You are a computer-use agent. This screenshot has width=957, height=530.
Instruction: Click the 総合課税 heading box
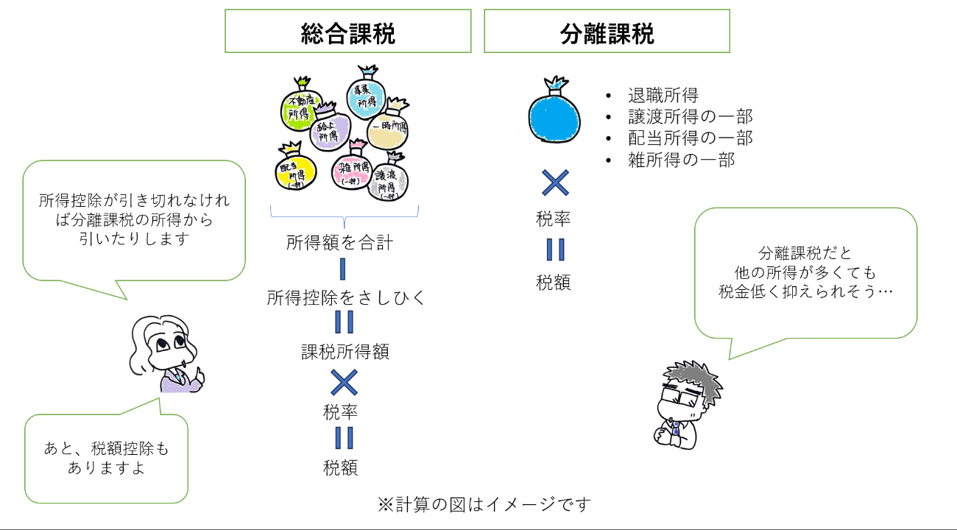tap(347, 31)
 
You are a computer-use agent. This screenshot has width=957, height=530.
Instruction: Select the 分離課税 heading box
tap(607, 31)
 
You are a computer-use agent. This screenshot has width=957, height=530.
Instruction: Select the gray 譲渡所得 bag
tap(388, 180)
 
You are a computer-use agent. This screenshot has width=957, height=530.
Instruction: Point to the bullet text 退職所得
tap(663, 96)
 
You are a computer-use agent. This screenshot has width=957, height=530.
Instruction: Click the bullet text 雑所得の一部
tap(681, 160)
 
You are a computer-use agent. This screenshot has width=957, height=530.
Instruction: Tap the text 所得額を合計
tap(339, 242)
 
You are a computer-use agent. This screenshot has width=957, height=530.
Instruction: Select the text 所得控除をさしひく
tap(345, 297)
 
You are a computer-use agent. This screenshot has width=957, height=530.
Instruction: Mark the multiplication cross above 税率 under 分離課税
tap(554, 183)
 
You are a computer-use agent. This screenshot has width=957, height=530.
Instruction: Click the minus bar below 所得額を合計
tap(342, 269)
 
